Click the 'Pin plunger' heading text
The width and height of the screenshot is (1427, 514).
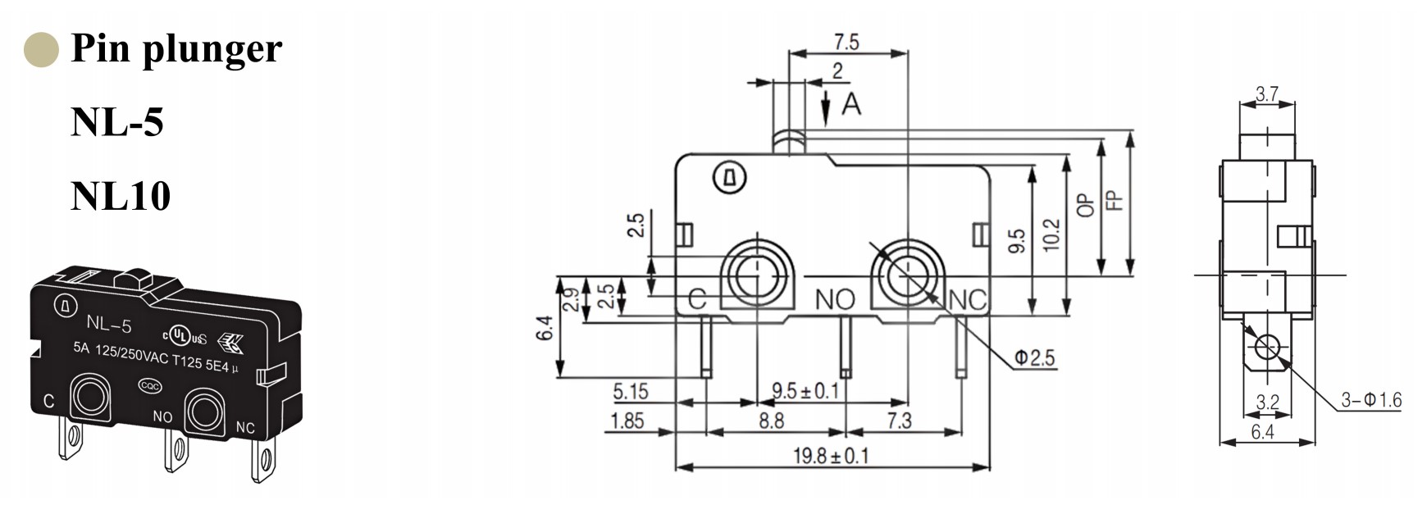[176, 48]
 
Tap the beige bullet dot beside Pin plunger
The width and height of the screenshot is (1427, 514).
[41, 49]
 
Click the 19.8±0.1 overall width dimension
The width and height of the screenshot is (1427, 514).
[830, 455]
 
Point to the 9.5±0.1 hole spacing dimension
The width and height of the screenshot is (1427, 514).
[805, 390]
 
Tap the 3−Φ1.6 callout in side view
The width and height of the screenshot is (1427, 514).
[1370, 400]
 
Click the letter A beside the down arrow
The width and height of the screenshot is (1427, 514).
[852, 104]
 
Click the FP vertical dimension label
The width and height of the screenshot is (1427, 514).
[1113, 200]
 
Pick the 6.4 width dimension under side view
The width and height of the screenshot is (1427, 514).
[1262, 432]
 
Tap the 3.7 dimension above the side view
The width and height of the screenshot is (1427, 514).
[1266, 94]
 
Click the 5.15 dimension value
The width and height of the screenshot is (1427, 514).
[630, 391]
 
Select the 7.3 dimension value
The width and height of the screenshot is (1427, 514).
[899, 421]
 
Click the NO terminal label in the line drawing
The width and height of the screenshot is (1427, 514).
[834, 300]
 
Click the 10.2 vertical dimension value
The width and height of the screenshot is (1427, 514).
[1051, 234]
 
